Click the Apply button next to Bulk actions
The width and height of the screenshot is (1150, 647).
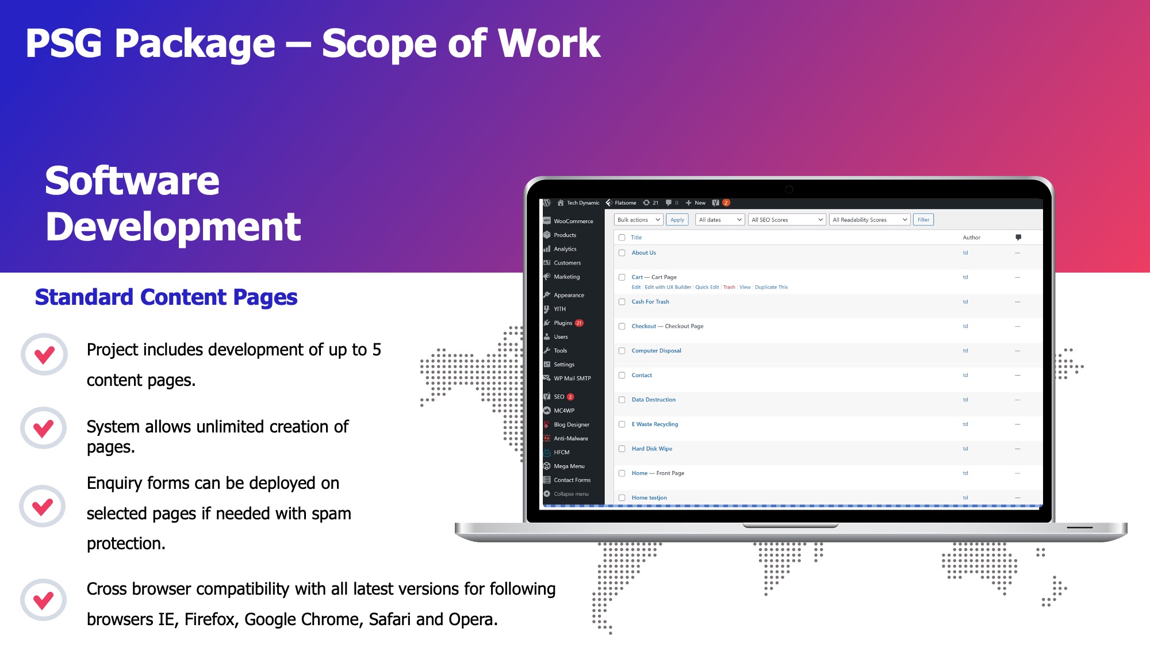point(677,220)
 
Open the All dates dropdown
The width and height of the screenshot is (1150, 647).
point(720,220)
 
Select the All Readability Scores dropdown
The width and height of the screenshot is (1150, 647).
point(869,220)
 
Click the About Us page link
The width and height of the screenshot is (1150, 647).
point(643,252)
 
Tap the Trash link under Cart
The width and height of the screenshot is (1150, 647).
point(729,287)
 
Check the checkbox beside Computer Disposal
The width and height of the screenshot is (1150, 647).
point(622,351)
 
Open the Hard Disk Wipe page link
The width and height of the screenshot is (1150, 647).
point(651,449)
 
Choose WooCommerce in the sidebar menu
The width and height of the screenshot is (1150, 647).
point(573,221)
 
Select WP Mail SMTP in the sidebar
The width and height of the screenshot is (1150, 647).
point(572,378)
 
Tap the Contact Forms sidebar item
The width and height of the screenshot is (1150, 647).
point(572,480)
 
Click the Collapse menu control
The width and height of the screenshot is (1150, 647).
point(570,493)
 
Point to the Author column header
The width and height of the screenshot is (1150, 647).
point(971,238)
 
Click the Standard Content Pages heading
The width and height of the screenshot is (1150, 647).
point(166,297)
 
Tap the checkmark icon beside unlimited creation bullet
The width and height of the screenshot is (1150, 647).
point(44,428)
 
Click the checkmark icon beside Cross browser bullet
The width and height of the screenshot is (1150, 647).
point(44,600)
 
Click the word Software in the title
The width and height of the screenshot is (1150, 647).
point(132,181)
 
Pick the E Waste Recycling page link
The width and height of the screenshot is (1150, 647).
point(654,424)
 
